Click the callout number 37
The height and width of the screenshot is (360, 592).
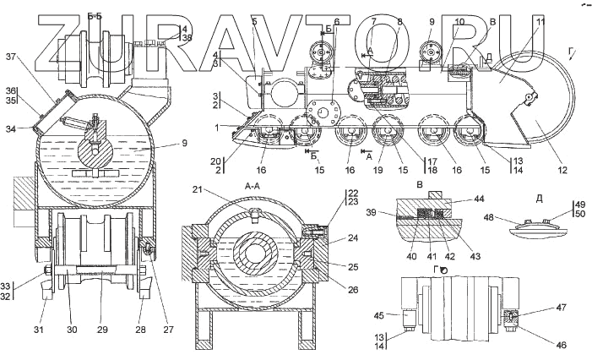tap(11, 57)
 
